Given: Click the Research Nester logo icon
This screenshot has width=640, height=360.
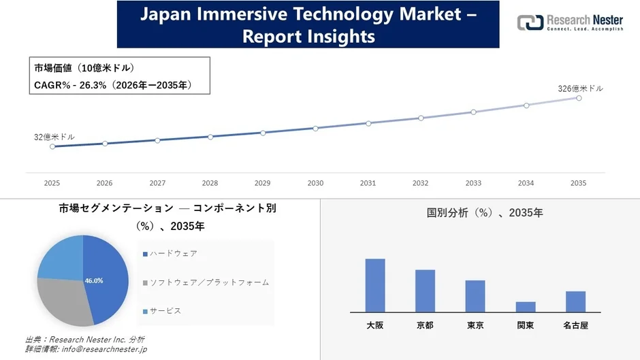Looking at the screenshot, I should (x=530, y=22).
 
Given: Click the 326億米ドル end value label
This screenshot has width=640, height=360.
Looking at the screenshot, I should (x=580, y=88).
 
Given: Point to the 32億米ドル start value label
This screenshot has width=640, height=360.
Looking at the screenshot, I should (x=54, y=137).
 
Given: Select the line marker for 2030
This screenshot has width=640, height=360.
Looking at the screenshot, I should (x=315, y=128).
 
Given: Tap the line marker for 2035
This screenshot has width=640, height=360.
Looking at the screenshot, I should (x=579, y=98).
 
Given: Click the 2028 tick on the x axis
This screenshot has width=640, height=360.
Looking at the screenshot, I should (x=210, y=183).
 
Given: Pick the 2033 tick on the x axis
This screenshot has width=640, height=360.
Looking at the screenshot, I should (x=473, y=183).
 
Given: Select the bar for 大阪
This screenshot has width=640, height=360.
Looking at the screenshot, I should (x=375, y=285).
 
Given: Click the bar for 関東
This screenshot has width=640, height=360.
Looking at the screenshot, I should (x=526, y=307).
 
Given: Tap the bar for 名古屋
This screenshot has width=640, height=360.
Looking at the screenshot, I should (x=575, y=301).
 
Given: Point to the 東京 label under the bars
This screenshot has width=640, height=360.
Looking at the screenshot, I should (x=475, y=325).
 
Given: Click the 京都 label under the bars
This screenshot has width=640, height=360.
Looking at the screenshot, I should (x=425, y=325).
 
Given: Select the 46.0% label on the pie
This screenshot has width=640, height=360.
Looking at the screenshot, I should (x=94, y=280).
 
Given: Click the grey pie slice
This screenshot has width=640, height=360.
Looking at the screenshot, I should (x=65, y=299).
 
